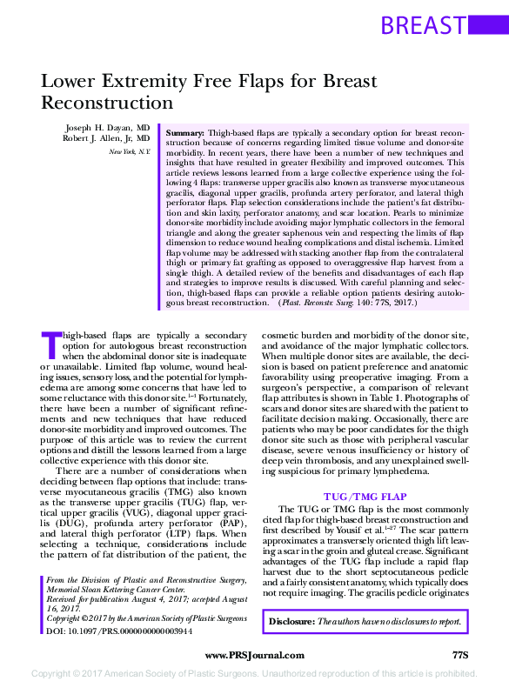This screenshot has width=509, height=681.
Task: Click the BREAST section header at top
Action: point(423,24)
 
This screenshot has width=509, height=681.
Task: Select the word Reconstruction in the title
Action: point(108,102)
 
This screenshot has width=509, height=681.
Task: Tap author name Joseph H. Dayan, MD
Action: point(107,127)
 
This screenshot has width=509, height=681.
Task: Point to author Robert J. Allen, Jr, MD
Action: point(107,138)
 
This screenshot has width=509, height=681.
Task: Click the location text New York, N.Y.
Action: point(129,152)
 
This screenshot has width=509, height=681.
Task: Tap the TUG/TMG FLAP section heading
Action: point(365,496)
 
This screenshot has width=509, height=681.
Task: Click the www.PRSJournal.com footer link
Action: point(254,654)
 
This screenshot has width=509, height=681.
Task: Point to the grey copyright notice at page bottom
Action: point(254,673)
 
